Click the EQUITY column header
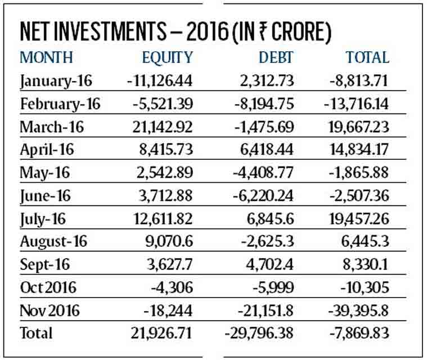tap(167, 58)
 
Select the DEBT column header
tap(276, 57)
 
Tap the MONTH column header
tap(46, 57)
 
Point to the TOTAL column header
tap(367, 57)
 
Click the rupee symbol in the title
tap(264, 31)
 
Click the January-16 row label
tap(56, 81)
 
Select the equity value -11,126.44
tap(160, 80)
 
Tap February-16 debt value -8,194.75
tap(264, 103)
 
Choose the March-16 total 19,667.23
tap(359, 127)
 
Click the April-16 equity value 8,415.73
tap(166, 150)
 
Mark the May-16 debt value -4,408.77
tap(263, 173)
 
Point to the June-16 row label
tap(45, 196)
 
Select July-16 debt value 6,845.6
tap(271, 219)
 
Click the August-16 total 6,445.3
tap(365, 241)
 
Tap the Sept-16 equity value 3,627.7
tap(170, 264)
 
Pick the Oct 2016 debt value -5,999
tap(273, 287)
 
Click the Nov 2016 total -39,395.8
tap(358, 310)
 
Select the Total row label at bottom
tap(36, 333)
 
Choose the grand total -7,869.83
tap(359, 333)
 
